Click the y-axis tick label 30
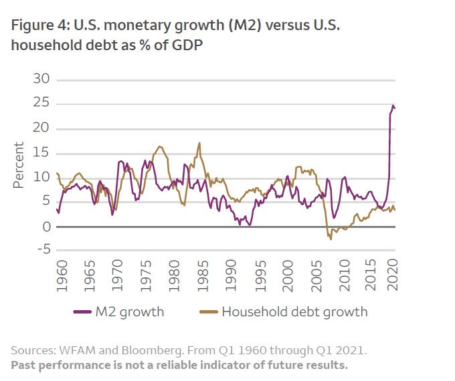click(x=41, y=80)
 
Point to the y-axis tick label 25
click(x=41, y=104)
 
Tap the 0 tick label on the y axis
click(x=46, y=227)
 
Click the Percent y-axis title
click(x=19, y=164)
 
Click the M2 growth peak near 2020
click(x=393, y=106)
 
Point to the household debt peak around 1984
click(x=199, y=143)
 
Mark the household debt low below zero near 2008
click(x=331, y=239)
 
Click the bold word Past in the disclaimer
click(x=25, y=365)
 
